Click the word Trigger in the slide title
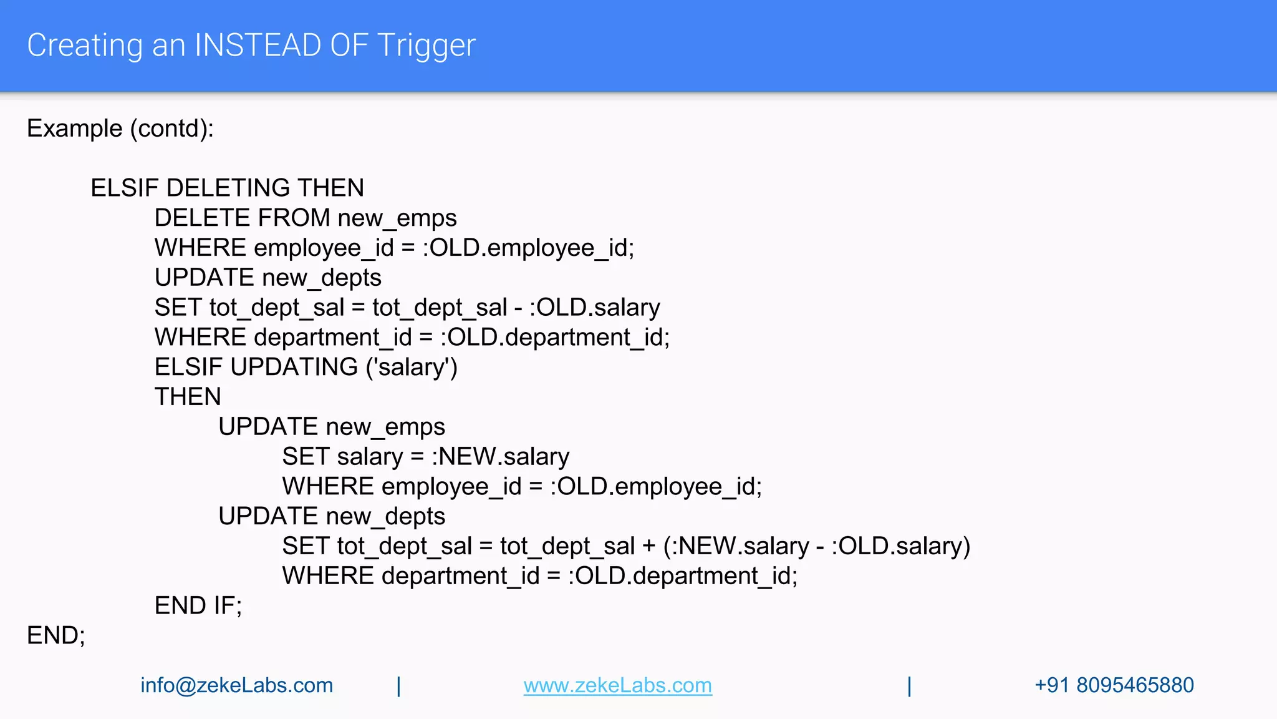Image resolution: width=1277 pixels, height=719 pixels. pyautogui.click(x=426, y=46)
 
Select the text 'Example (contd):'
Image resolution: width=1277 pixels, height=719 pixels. pyautogui.click(x=120, y=129)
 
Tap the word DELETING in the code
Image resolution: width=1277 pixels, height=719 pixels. pyautogui.click(x=228, y=188)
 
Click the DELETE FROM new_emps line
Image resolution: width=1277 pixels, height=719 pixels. pyautogui.click(x=306, y=218)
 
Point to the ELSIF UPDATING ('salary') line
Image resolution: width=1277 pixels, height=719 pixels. pyautogui.click(x=306, y=367)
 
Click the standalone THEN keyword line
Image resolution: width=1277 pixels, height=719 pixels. pyautogui.click(x=188, y=397)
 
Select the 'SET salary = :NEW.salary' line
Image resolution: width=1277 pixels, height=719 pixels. pyautogui.click(x=425, y=456)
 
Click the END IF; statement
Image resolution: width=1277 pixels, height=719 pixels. pyautogui.click(x=198, y=605)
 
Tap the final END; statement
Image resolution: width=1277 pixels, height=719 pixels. pyautogui.click(x=56, y=635)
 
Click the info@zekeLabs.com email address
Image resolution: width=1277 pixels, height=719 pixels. pyautogui.click(x=237, y=685)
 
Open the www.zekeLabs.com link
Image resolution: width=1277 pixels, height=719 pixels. pyautogui.click(x=617, y=685)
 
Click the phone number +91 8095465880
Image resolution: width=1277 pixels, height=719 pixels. pyautogui.click(x=1114, y=685)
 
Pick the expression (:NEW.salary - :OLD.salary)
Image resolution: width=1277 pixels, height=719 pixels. pyautogui.click(x=816, y=546)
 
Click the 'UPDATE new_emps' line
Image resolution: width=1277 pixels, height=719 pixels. pyautogui.click(x=332, y=427)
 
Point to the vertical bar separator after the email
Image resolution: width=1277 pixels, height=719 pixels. pyautogui.click(x=399, y=686)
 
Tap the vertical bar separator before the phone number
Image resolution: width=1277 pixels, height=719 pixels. pyautogui.click(x=910, y=686)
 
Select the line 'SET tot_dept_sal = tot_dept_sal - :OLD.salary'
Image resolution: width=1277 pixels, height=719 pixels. pyautogui.click(x=407, y=308)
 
